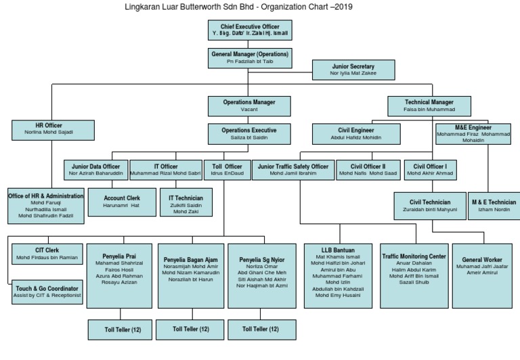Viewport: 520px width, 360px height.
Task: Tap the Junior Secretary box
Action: click(x=353, y=70)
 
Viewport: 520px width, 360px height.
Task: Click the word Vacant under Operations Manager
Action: click(x=249, y=109)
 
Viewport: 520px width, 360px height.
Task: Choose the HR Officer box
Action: click(x=53, y=129)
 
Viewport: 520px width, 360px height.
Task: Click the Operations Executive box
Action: click(x=249, y=133)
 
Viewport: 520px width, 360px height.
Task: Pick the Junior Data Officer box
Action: click(x=95, y=170)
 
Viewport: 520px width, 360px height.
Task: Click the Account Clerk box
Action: click(x=121, y=201)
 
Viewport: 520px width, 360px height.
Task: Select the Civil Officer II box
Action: click(x=368, y=170)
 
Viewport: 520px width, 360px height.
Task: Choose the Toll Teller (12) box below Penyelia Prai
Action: click(x=121, y=330)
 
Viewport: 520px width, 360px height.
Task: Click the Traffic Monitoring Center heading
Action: click(x=414, y=256)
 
